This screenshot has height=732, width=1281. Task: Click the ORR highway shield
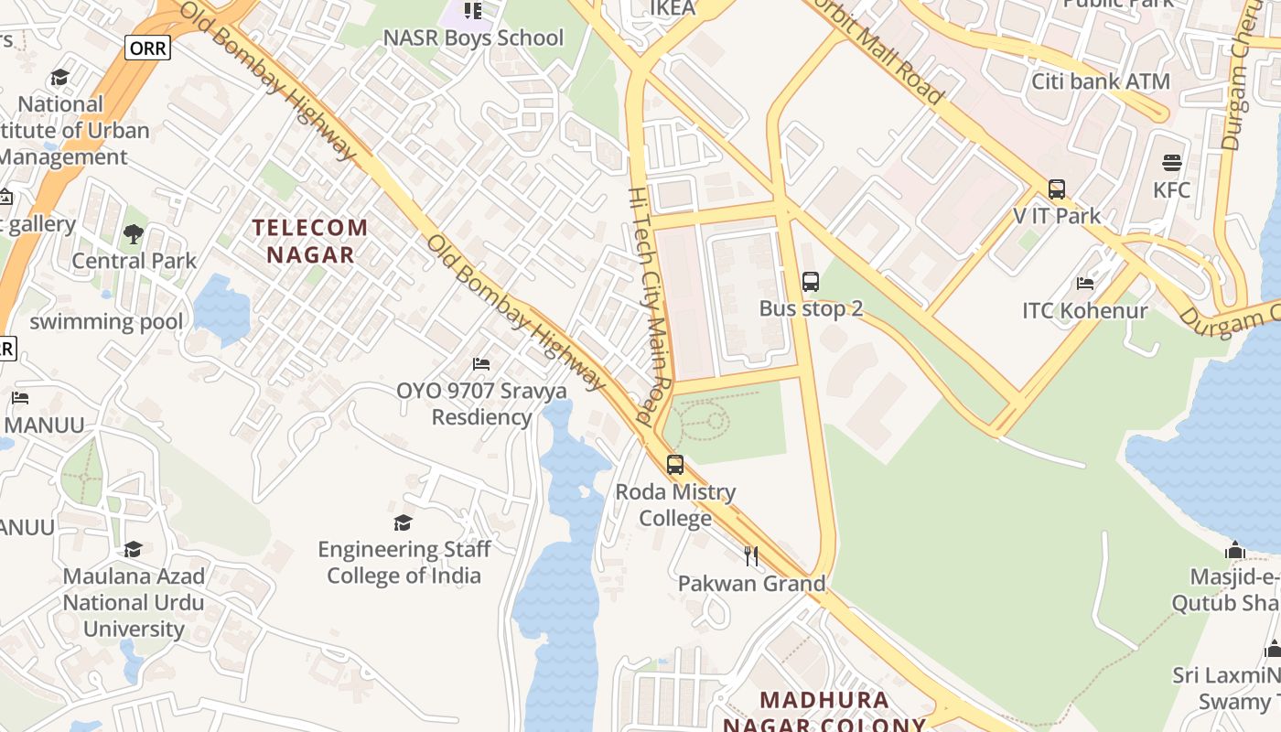coord(147,48)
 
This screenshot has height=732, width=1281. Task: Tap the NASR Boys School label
coord(473,38)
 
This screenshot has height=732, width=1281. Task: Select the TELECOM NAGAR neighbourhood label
coord(310,241)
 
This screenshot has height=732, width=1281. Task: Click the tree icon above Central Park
coord(134,234)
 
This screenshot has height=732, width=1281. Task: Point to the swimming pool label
coord(106,322)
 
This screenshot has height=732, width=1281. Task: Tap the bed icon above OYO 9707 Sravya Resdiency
coord(480,364)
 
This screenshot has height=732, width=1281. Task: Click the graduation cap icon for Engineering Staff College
coord(403,522)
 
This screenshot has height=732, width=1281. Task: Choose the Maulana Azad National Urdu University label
coord(134,603)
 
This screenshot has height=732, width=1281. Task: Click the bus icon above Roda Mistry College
coord(675,464)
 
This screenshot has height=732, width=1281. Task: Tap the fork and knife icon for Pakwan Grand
coord(751,555)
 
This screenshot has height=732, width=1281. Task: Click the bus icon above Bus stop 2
coord(810,282)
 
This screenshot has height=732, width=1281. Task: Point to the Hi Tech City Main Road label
coord(652,307)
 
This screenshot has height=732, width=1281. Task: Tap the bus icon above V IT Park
coord(1057,189)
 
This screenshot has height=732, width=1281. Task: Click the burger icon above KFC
coord(1172,164)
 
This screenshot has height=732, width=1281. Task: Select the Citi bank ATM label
coord(1101,81)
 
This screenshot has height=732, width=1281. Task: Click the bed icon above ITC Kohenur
coord(1085,284)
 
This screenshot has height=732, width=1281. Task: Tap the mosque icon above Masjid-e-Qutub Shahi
coord(1235,551)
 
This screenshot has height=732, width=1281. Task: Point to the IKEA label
coord(673,8)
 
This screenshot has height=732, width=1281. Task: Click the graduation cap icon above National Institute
coord(60,77)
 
